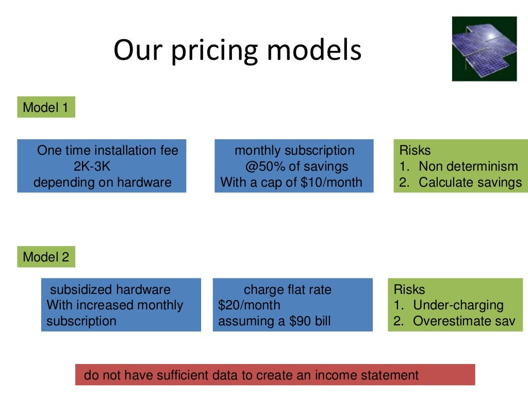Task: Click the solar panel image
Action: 484,48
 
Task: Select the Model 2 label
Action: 46,257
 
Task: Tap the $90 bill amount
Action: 289,321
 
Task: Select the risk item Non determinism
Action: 468,167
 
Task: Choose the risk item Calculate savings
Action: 470,183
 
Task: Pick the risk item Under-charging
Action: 458,305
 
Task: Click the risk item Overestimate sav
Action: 464,321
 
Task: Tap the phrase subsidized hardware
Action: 110,289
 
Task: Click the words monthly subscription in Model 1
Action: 294,151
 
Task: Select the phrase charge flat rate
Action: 288,289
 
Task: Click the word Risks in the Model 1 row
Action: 415,151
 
